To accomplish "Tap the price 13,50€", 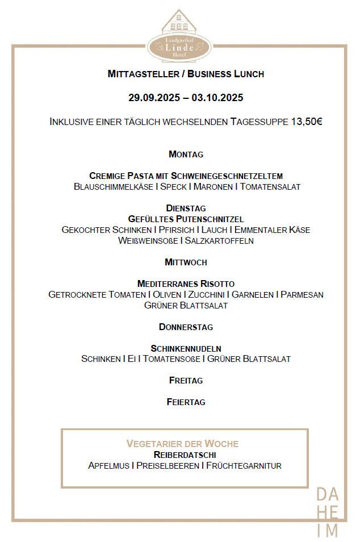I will point(307,122).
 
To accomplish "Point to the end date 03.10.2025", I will point(217,98).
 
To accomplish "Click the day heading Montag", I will point(186,155).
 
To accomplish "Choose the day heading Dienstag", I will point(186,209).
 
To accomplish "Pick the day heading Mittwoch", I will point(186,262).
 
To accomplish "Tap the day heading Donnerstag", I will point(186,327).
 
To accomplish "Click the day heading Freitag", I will point(186,381).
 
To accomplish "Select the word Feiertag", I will point(186,402).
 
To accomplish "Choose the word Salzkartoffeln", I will point(219,241).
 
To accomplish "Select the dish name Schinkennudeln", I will point(186,348).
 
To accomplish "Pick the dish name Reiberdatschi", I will point(185,455).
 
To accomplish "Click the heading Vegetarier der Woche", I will point(182,444).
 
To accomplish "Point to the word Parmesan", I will point(302,295).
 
